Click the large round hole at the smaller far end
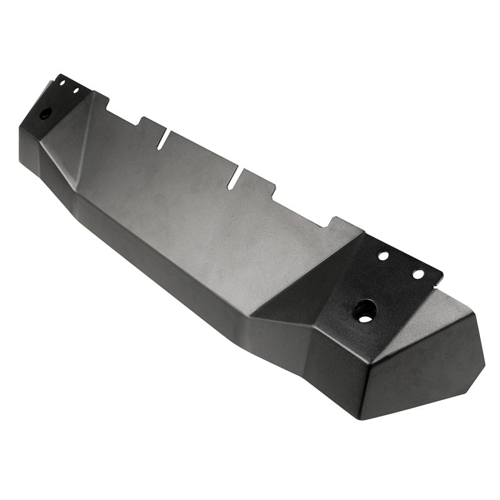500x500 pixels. [x=46, y=114]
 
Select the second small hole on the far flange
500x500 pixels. [x=76, y=91]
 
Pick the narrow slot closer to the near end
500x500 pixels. [x=234, y=178]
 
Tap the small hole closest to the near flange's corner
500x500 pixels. [x=418, y=274]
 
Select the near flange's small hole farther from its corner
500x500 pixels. [x=383, y=256]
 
